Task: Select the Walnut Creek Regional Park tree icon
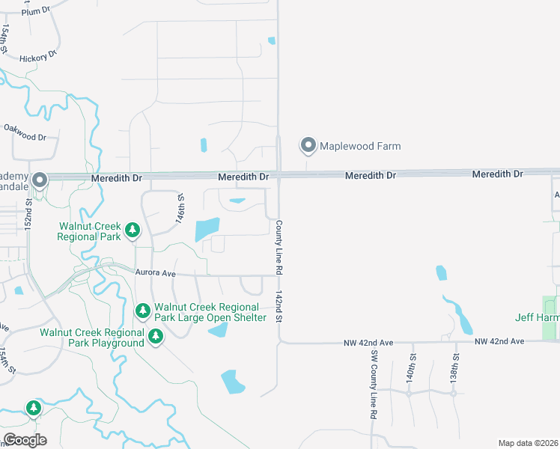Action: tap(133, 230)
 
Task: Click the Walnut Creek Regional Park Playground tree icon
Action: tap(156, 337)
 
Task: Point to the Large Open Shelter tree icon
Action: tap(143, 310)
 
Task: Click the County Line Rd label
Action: tap(279, 245)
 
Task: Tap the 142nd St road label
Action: tap(279, 307)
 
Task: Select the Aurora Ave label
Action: tap(155, 273)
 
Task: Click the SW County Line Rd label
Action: tap(373, 384)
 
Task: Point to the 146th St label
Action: tap(180, 207)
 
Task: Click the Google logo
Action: tap(25, 440)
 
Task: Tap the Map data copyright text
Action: tap(529, 443)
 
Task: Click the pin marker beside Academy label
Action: tap(40, 180)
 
